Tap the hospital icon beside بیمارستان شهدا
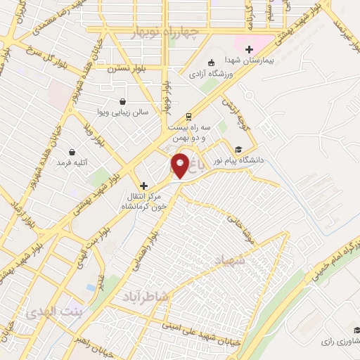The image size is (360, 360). (248, 49)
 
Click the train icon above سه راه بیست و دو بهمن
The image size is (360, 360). (188, 117)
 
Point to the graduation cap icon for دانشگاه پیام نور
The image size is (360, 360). (238, 149)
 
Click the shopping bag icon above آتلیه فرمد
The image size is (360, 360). (72, 151)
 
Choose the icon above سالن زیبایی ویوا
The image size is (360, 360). (122, 101)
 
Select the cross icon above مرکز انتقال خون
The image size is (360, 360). (144, 186)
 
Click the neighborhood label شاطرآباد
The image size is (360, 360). (146, 297)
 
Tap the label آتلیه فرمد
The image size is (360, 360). (72, 163)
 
